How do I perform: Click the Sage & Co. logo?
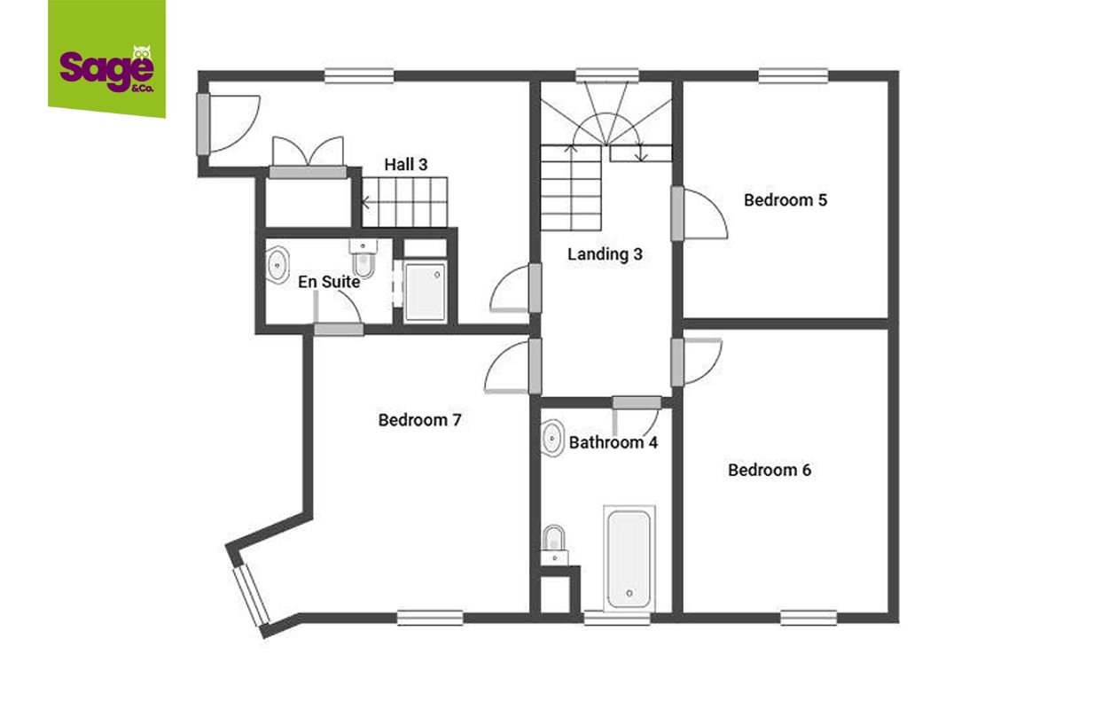click(106, 59)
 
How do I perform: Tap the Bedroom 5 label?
click(785, 200)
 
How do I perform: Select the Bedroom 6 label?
click(770, 470)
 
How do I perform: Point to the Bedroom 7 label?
click(419, 420)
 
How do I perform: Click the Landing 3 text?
click(605, 254)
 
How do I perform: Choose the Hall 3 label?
click(406, 164)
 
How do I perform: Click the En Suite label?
click(329, 282)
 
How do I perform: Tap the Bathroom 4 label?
click(613, 442)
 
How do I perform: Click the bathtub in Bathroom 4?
click(629, 559)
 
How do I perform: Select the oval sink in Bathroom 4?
click(552, 438)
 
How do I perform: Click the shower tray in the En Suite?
click(425, 292)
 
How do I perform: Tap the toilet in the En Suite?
click(363, 259)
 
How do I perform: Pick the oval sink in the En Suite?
click(277, 265)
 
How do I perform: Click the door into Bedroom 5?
click(699, 214)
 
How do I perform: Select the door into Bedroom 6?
click(696, 362)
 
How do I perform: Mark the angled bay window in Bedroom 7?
click(252, 596)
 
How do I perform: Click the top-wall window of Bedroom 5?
click(793, 75)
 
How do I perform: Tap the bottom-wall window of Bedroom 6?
click(809, 618)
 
